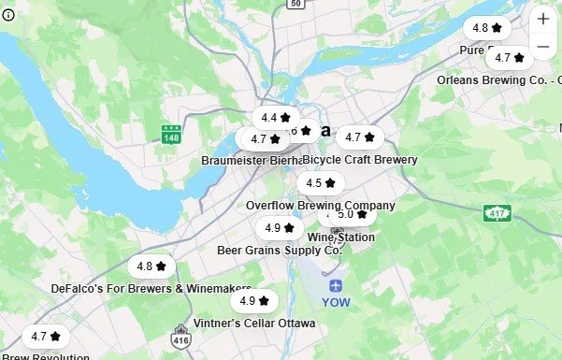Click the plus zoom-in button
click(x=543, y=19)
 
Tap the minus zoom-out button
click(x=543, y=46)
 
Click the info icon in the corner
click(x=8, y=16)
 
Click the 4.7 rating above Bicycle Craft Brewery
click(x=359, y=137)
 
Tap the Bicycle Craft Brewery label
click(x=361, y=160)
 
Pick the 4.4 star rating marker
click(x=275, y=118)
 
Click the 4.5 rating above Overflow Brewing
click(x=320, y=183)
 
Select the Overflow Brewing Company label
click(x=321, y=205)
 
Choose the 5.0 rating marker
click(x=351, y=214)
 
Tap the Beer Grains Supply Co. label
click(x=280, y=250)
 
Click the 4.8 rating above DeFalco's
click(x=151, y=266)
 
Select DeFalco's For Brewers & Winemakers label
click(x=151, y=289)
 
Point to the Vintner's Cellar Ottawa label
click(x=254, y=324)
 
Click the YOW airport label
click(x=336, y=302)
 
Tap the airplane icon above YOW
click(x=336, y=284)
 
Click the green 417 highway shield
click(x=497, y=212)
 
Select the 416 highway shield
click(x=180, y=340)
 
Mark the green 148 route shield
click(x=171, y=137)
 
